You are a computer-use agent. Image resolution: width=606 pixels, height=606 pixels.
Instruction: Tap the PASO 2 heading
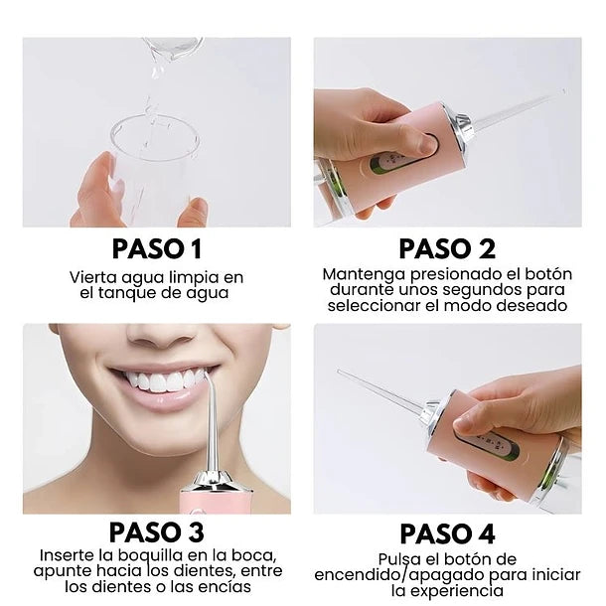pyautogui.click(x=447, y=248)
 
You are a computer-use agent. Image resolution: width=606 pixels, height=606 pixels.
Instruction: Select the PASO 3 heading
pyautogui.click(x=157, y=532)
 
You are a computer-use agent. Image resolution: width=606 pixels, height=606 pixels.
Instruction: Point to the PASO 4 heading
pyautogui.click(x=447, y=532)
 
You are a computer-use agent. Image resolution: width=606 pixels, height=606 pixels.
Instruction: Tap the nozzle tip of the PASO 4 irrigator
pyautogui.click(x=340, y=373)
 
